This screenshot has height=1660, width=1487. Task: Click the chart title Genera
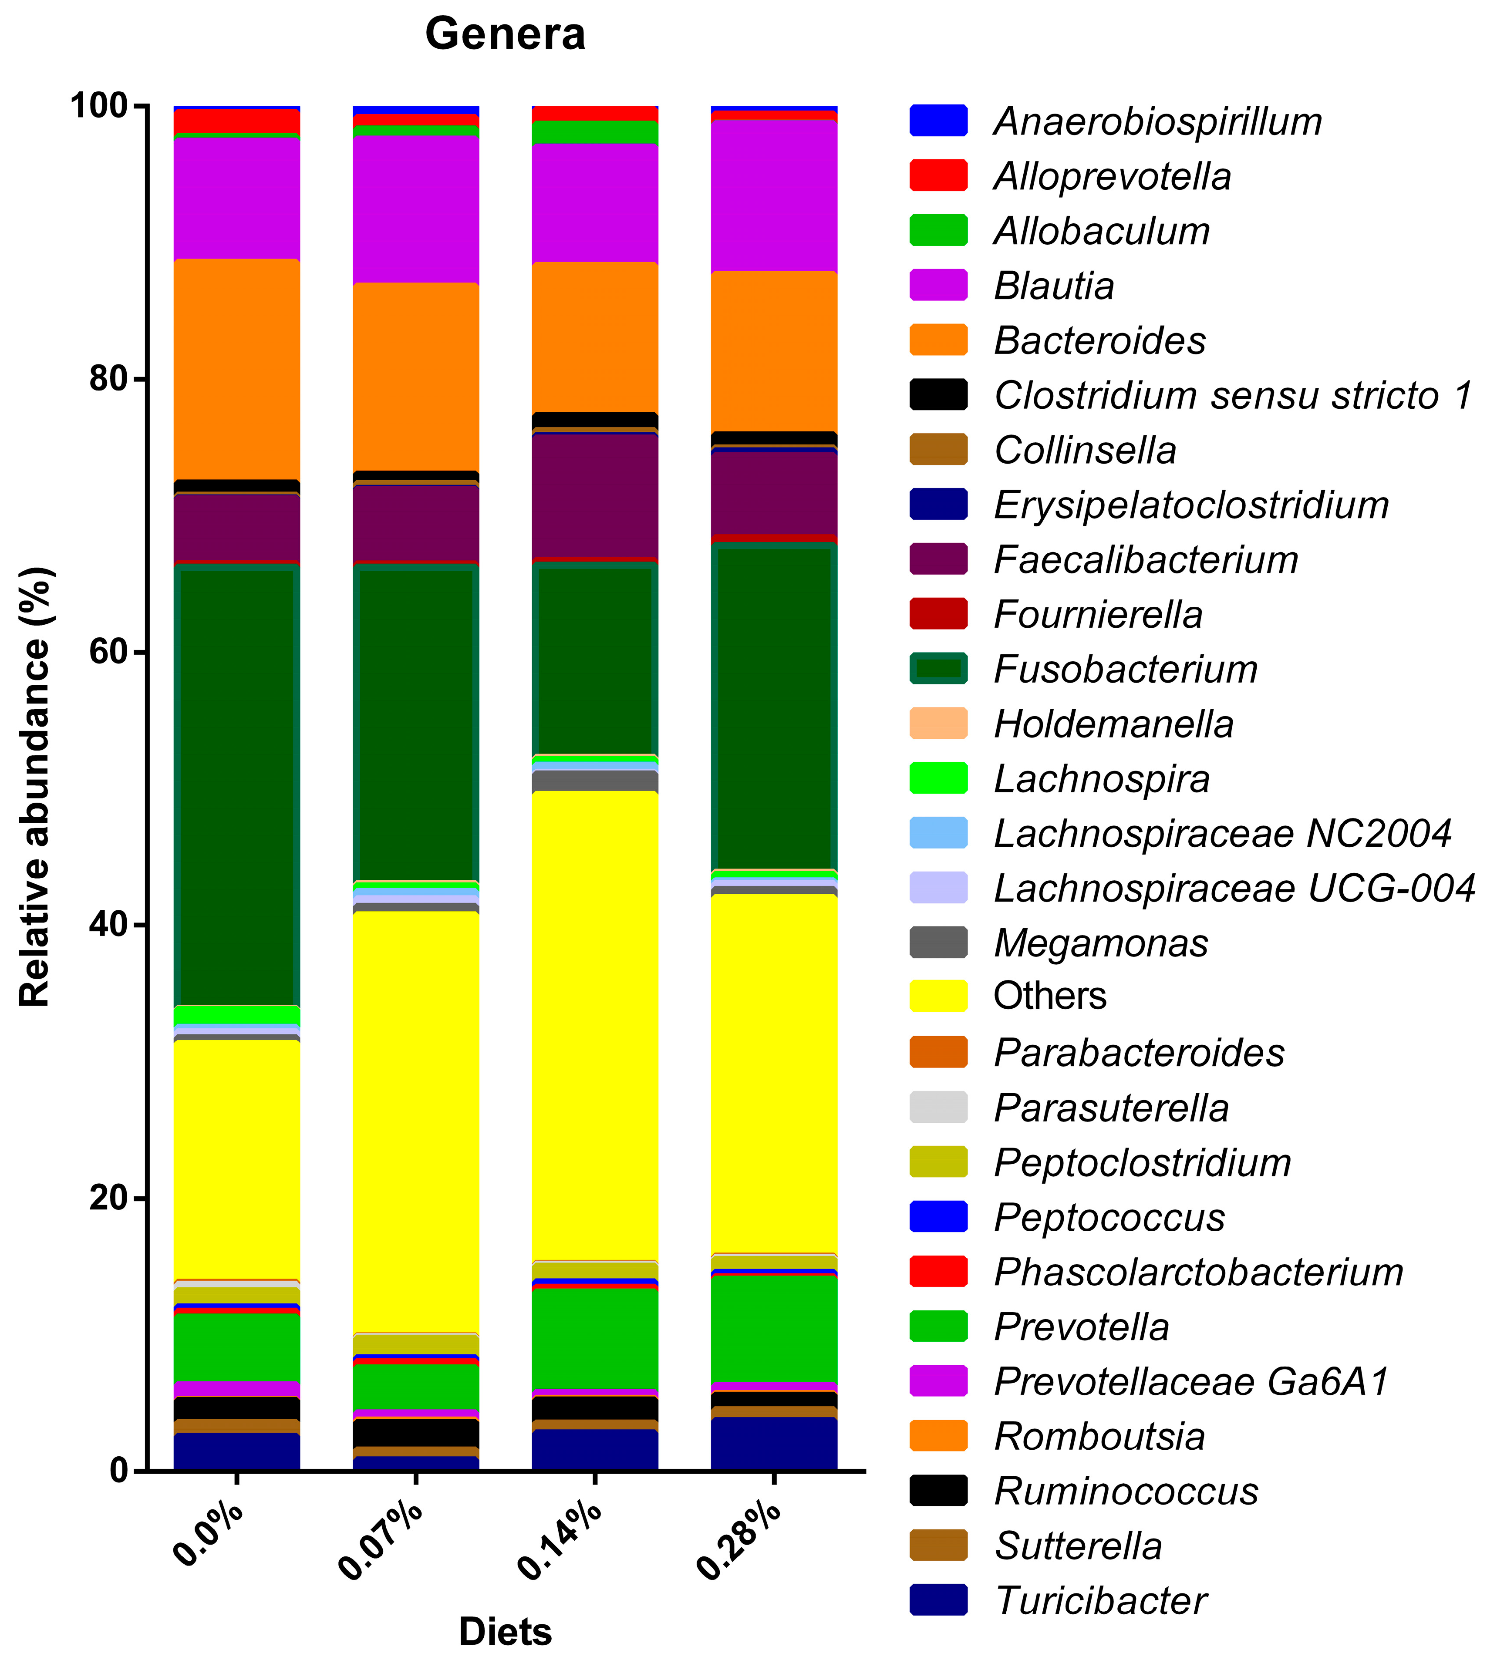coord(505,34)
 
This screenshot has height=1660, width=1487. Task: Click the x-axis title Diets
coord(505,1631)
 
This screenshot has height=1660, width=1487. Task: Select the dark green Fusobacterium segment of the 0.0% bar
coord(237,784)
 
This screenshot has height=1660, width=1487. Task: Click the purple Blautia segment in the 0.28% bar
coord(774,196)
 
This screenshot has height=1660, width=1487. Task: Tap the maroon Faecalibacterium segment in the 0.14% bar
coord(595,494)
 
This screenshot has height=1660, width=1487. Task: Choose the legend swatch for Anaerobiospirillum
coord(938,121)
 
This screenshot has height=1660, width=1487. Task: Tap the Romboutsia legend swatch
coord(938,1436)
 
